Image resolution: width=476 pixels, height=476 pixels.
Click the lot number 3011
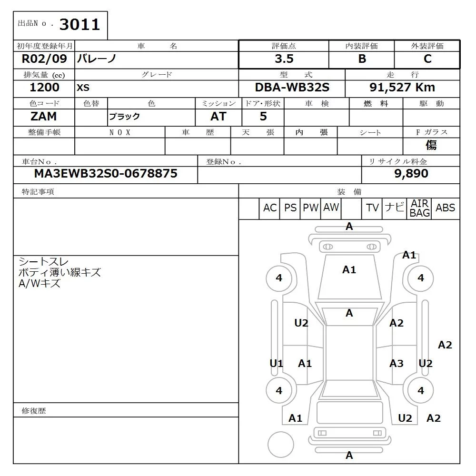click(79, 24)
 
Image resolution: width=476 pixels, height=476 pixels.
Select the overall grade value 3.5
click(284, 59)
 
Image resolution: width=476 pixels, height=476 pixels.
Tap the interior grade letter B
click(362, 59)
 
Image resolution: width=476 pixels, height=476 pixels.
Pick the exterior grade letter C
click(427, 59)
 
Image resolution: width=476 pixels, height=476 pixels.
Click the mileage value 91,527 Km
click(402, 88)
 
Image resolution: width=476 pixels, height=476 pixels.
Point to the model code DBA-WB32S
click(292, 88)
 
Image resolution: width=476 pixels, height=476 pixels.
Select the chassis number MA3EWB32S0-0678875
click(106, 174)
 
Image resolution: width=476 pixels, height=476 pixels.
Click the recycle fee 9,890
click(411, 174)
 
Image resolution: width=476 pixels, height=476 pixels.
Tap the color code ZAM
click(43, 116)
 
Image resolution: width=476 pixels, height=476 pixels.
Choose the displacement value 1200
click(44, 88)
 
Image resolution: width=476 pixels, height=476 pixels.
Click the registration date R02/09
click(44, 59)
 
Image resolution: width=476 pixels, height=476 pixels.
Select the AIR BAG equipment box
click(419, 208)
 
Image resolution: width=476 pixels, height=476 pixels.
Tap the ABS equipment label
click(445, 208)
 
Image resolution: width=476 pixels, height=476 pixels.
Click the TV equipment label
click(372, 208)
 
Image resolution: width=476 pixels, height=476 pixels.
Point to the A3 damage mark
click(397, 364)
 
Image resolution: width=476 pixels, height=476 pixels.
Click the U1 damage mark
click(277, 364)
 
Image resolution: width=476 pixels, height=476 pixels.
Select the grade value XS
click(83, 88)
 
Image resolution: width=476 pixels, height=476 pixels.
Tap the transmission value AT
click(218, 116)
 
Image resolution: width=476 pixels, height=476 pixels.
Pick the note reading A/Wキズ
click(40, 284)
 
